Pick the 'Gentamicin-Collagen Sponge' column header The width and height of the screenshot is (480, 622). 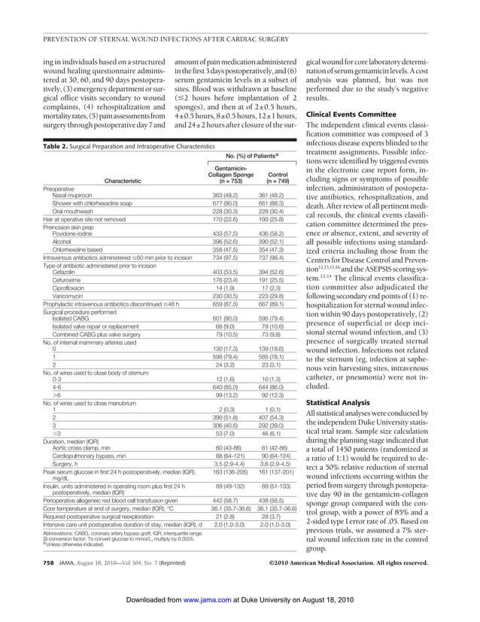[227, 172]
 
